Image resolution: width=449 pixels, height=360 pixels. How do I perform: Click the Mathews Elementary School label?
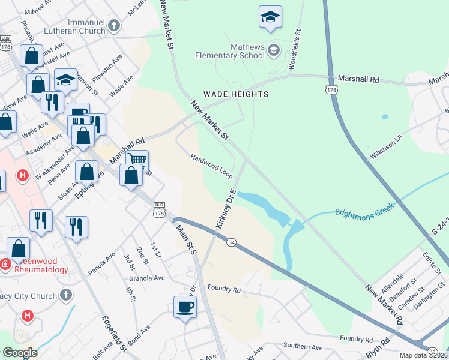tap(230, 52)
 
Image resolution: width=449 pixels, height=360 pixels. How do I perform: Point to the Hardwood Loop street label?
tap(211, 165)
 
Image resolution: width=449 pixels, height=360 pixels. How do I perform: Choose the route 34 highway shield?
tap(232, 241)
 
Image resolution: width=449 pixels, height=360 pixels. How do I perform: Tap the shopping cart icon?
tap(137, 160)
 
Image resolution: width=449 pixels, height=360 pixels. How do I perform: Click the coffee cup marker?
tap(185, 307)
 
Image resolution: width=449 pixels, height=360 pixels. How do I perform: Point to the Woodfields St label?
tap(294, 51)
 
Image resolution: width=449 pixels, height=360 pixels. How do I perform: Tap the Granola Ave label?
tap(146, 278)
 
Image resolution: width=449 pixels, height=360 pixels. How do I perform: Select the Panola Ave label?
tap(101, 261)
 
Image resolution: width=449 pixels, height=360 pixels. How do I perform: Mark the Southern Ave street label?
tap(303, 347)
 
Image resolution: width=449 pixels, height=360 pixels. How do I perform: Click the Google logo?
tap(20, 353)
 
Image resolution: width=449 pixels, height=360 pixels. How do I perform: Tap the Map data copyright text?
tap(423, 355)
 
